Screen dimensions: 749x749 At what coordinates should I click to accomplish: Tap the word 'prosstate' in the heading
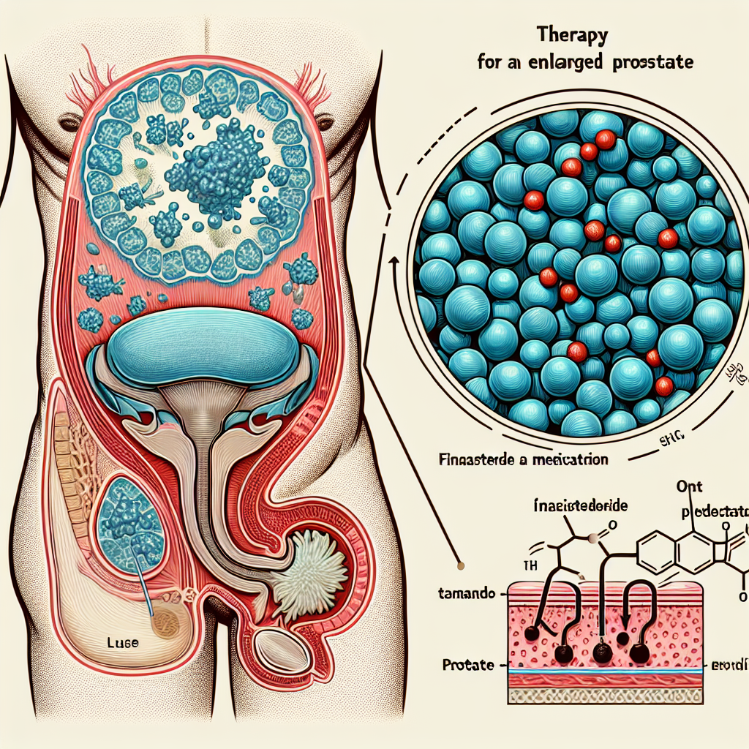point(650,63)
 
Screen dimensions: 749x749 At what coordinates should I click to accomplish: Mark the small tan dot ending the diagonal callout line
point(461,564)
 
